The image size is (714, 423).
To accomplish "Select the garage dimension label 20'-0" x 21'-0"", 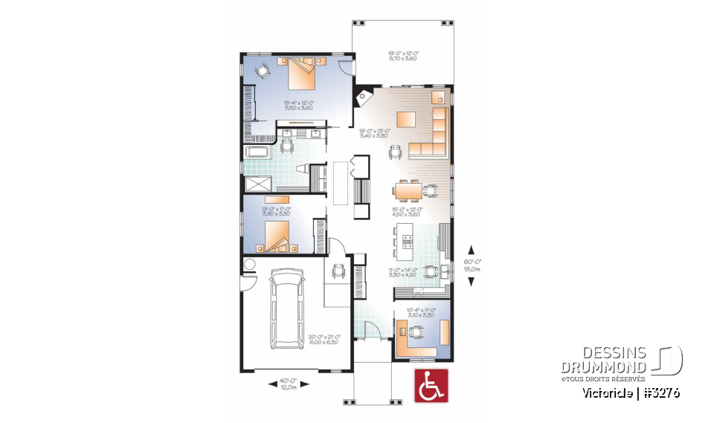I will (323, 340).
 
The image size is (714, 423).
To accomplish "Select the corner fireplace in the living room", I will (364, 97).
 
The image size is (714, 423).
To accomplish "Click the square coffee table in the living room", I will (405, 119).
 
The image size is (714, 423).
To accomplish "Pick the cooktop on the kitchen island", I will (406, 240).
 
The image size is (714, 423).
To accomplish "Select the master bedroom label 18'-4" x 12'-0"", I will (297, 106).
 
